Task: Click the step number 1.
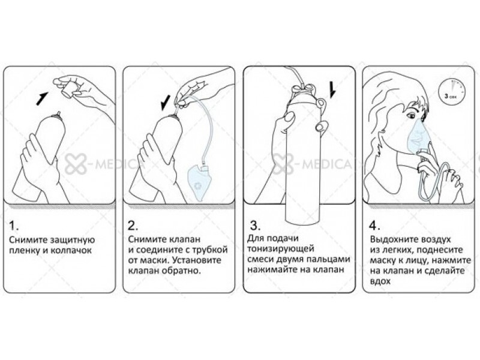(x=13, y=226)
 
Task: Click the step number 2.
(x=133, y=226)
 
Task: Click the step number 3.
(x=256, y=226)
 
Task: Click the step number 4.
(x=374, y=226)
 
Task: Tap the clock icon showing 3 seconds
(x=451, y=91)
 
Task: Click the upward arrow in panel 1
(x=42, y=98)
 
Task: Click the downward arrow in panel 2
(x=166, y=103)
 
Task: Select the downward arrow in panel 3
(x=332, y=90)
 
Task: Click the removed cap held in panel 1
(x=68, y=88)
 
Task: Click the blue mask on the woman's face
(x=419, y=136)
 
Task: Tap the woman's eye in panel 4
(x=411, y=116)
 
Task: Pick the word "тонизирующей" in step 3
(x=281, y=248)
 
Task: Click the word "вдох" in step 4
(x=380, y=281)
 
